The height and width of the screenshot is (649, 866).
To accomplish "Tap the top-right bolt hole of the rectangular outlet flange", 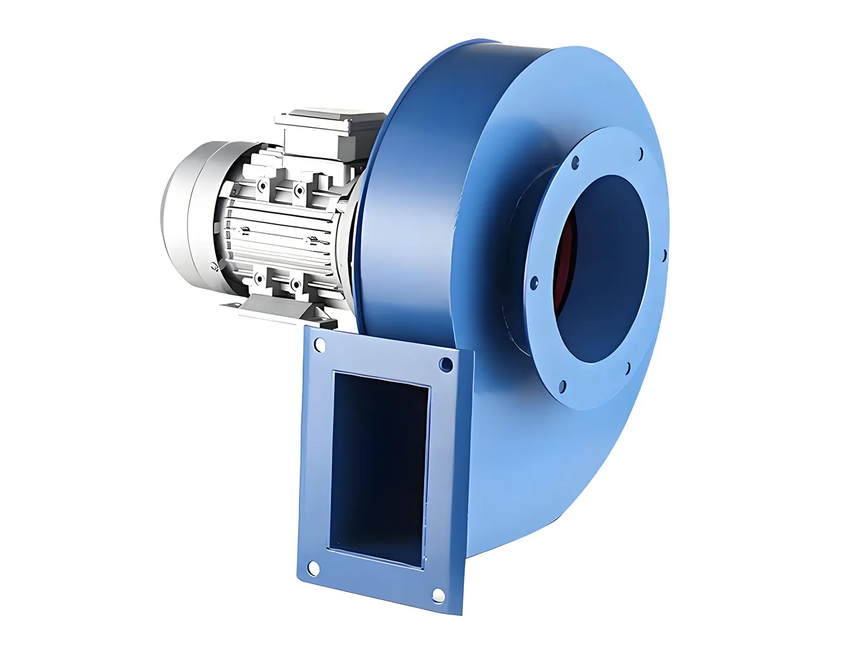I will click(x=446, y=364).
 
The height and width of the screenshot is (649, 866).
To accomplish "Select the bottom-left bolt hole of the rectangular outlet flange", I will click(x=312, y=569).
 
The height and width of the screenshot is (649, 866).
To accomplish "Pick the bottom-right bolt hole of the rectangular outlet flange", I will click(x=438, y=594).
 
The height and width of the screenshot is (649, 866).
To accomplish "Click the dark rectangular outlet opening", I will click(x=379, y=467).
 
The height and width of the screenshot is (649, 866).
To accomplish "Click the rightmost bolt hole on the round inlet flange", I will click(x=663, y=256).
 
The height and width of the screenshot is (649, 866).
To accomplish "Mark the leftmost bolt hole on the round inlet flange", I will click(x=534, y=283).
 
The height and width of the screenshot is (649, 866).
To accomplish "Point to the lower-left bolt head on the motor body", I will click(x=258, y=277).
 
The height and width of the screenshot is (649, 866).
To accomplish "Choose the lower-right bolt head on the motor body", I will click(x=294, y=283).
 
